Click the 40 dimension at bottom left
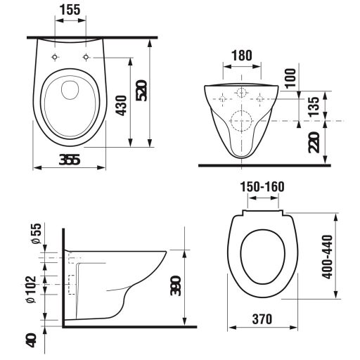[30, 340]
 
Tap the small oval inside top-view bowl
[69, 89]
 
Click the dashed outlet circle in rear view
[241, 121]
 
